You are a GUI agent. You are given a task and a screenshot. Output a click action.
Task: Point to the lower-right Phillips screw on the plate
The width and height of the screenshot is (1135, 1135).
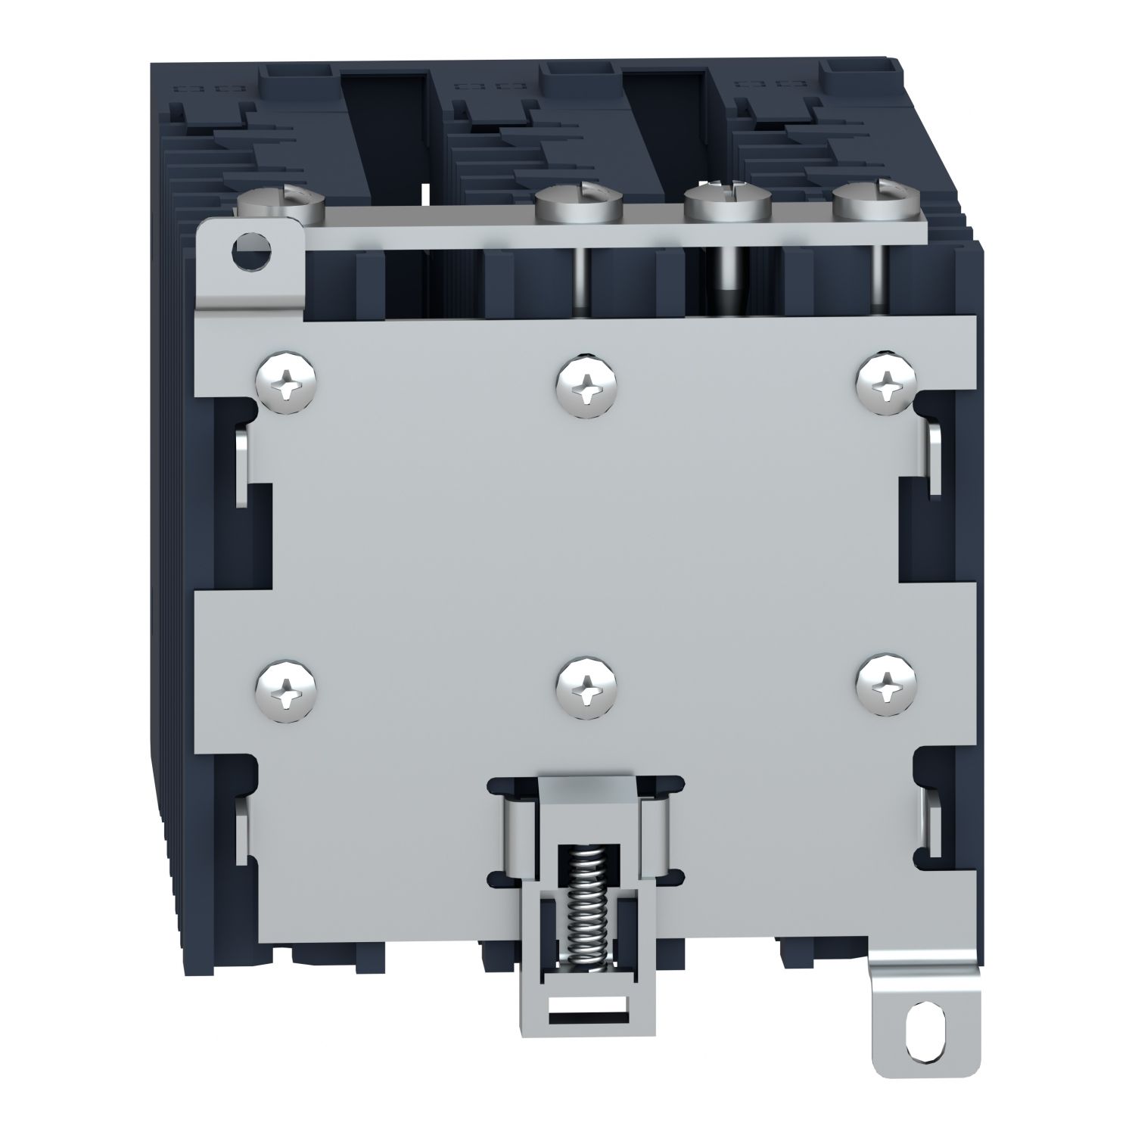[x=886, y=686]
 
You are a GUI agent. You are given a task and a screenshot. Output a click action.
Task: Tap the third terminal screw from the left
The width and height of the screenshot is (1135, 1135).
[x=726, y=203]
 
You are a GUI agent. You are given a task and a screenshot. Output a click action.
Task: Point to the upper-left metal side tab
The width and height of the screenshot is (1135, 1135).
[x=241, y=465]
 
